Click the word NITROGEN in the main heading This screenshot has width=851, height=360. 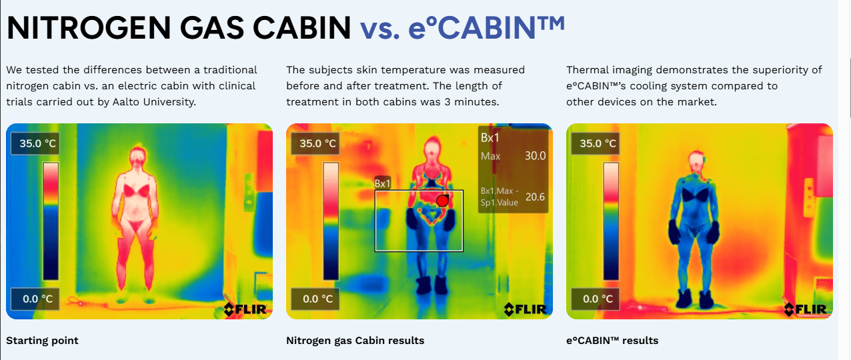pyautogui.click(x=89, y=28)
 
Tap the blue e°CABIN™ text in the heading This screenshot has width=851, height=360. pyautogui.click(x=487, y=28)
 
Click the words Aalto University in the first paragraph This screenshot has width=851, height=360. pyautogui.click(x=154, y=102)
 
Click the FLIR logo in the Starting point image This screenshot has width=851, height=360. pyautogui.click(x=245, y=309)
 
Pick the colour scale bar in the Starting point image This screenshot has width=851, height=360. pyautogui.click(x=51, y=221)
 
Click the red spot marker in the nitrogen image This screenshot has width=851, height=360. pyautogui.click(x=442, y=201)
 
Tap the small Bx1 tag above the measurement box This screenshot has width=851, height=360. pyautogui.click(x=383, y=184)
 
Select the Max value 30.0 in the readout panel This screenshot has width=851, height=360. pyautogui.click(x=536, y=156)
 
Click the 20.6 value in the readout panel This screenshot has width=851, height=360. pyautogui.click(x=536, y=197)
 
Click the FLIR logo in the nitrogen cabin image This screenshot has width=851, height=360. pyautogui.click(x=525, y=309)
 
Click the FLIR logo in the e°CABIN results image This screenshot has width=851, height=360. pyautogui.click(x=806, y=309)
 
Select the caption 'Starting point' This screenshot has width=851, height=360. pyautogui.click(x=42, y=341)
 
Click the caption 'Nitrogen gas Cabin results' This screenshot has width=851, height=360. pyautogui.click(x=355, y=341)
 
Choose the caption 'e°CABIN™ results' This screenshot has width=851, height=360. pyautogui.click(x=612, y=341)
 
